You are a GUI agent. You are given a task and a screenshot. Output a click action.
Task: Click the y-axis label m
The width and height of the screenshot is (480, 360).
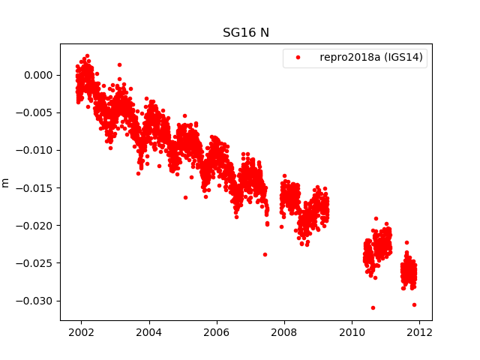point(6,182)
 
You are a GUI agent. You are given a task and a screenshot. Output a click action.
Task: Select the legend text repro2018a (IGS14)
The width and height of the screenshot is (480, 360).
point(373,58)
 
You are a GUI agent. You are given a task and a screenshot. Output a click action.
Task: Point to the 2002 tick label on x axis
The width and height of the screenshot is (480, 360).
point(81,332)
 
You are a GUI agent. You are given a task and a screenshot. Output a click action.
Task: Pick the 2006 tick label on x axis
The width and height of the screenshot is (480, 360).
point(217,332)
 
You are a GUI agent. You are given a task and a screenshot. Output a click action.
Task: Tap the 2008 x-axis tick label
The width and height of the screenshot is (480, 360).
point(284,332)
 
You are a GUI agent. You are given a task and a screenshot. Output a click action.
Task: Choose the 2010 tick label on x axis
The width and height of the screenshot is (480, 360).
point(352,332)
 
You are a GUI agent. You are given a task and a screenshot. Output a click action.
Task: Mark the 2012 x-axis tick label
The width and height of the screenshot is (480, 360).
point(419,332)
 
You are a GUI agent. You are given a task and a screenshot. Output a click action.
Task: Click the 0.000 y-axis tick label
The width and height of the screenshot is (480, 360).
point(38,75)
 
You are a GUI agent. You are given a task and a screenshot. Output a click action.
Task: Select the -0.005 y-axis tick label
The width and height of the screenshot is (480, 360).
point(36,112)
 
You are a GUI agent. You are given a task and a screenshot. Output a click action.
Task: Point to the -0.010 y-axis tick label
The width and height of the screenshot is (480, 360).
point(36,150)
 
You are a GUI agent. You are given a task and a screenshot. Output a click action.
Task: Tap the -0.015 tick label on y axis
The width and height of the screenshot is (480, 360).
point(36,187)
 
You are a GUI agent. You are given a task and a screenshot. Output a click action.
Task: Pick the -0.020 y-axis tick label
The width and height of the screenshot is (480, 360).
point(36,225)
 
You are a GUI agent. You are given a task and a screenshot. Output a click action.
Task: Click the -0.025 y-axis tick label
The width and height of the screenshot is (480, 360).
point(36,263)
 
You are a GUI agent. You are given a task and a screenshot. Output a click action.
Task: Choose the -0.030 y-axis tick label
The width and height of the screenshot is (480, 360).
point(36,301)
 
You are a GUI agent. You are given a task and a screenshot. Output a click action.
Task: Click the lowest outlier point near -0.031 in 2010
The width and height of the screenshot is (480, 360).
point(373,307)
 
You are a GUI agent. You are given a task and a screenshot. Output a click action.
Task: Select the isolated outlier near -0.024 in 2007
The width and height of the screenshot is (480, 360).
point(265,254)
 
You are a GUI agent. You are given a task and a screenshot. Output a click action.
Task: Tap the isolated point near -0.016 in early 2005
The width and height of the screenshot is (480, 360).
point(185,197)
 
